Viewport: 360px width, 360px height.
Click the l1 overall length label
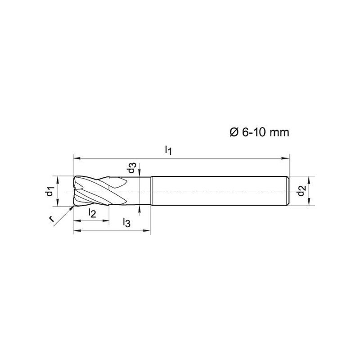tap(168, 151)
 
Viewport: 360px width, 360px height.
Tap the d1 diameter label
tap(49, 191)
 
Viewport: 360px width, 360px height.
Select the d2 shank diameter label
tap(301, 190)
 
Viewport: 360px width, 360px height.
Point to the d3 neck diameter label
tap(132, 167)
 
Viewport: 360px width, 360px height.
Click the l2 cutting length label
tap(92, 213)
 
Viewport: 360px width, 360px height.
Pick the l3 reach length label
tap(126, 222)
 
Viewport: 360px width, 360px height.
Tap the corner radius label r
tap(51, 219)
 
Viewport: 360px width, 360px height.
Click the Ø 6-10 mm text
tap(260, 132)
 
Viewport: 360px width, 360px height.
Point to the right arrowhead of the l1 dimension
tap(285, 158)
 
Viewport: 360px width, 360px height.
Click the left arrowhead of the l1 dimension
tap(77, 158)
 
